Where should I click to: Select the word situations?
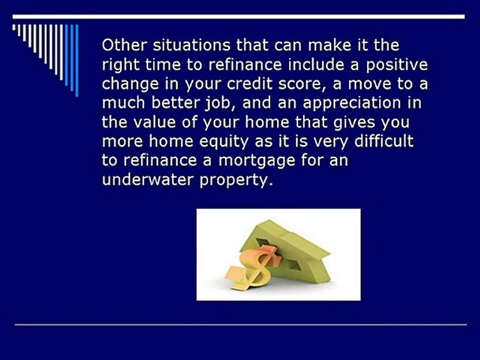[x=191, y=45]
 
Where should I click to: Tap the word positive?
[x=396, y=65]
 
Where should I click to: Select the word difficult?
[x=384, y=141]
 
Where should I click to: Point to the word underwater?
[x=148, y=179]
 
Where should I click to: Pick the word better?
[x=175, y=103]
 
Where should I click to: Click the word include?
[x=316, y=64]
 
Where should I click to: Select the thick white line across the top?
[x=238, y=16]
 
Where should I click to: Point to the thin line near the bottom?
[x=240, y=324]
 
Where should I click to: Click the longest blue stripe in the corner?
[x=77, y=60]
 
